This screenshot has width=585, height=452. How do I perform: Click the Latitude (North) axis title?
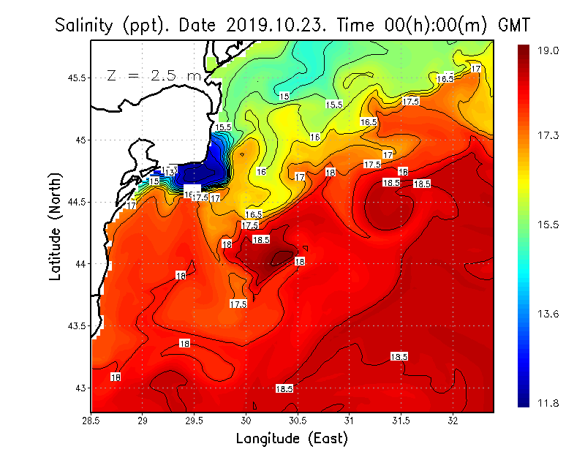[x=56, y=226]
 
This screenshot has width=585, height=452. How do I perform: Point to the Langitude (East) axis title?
[x=291, y=438]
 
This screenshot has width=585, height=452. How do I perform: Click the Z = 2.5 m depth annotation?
[x=154, y=75]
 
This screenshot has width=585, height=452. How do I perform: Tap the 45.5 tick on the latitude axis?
[x=77, y=78]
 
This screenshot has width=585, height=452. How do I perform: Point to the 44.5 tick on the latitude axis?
[x=77, y=201]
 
